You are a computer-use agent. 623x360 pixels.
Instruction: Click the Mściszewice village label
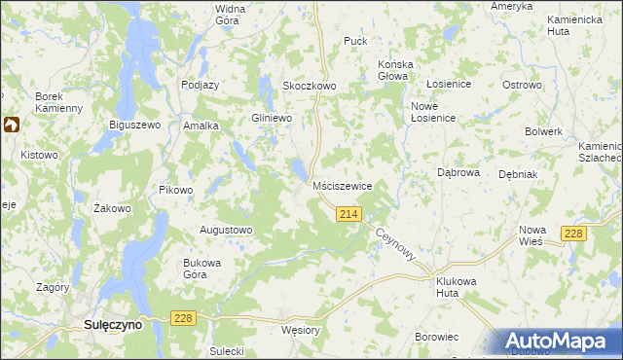(342, 185)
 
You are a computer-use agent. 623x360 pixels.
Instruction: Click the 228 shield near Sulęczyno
(182, 318)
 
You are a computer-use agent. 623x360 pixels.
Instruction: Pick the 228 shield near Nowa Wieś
(574, 233)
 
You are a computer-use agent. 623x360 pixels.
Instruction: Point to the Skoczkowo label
(309, 86)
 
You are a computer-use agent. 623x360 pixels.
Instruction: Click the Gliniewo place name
(272, 118)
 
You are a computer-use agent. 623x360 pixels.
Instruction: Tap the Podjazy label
(201, 85)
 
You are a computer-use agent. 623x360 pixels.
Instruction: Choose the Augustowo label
(226, 231)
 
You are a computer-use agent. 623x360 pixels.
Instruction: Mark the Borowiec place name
(436, 337)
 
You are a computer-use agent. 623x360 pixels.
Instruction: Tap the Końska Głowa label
(395, 71)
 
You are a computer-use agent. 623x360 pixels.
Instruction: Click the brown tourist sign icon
(13, 126)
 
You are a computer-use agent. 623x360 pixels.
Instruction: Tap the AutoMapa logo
(559, 342)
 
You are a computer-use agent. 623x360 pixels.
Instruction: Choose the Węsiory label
(300, 330)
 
